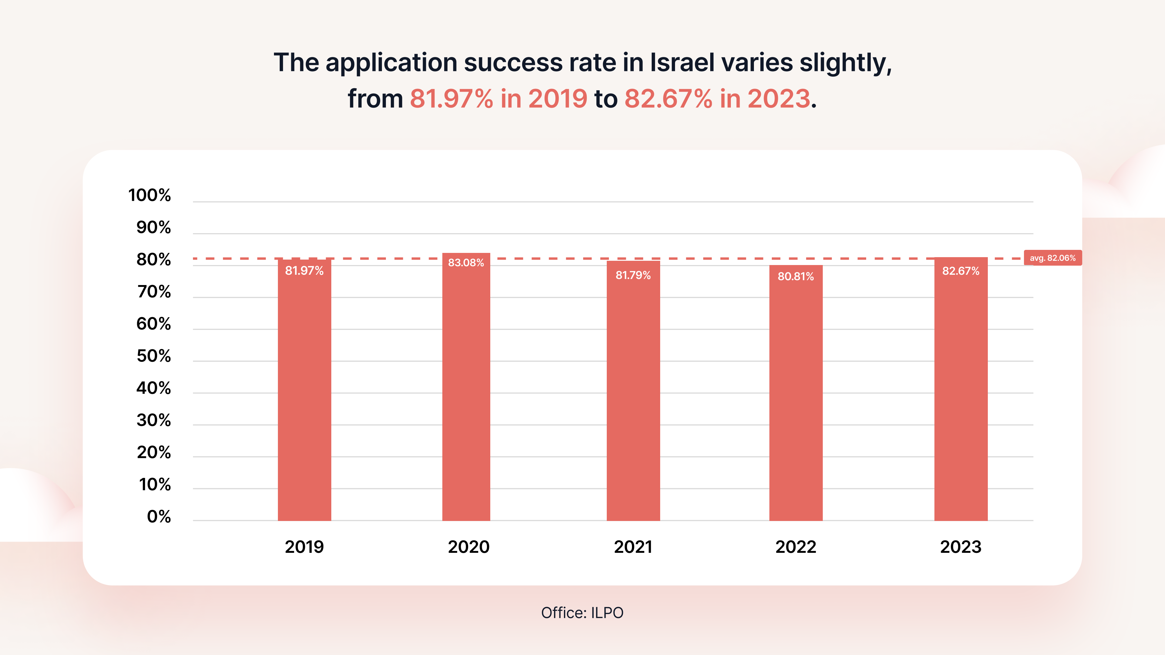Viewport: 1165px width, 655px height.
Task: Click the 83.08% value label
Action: click(x=466, y=263)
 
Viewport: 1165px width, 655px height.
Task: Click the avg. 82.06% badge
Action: click(x=1052, y=258)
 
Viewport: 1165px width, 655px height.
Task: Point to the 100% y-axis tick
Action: click(x=150, y=195)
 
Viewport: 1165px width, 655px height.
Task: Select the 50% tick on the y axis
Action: click(x=154, y=356)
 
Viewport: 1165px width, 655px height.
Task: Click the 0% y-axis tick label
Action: click(x=159, y=517)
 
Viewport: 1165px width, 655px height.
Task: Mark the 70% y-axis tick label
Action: click(x=154, y=292)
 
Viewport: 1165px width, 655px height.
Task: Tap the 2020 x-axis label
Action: click(x=468, y=547)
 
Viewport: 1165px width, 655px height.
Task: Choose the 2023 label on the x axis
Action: click(x=961, y=547)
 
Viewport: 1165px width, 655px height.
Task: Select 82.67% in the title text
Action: click(x=668, y=99)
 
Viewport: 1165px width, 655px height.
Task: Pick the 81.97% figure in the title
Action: click(x=451, y=99)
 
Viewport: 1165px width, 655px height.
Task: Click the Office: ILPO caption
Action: click(x=582, y=613)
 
